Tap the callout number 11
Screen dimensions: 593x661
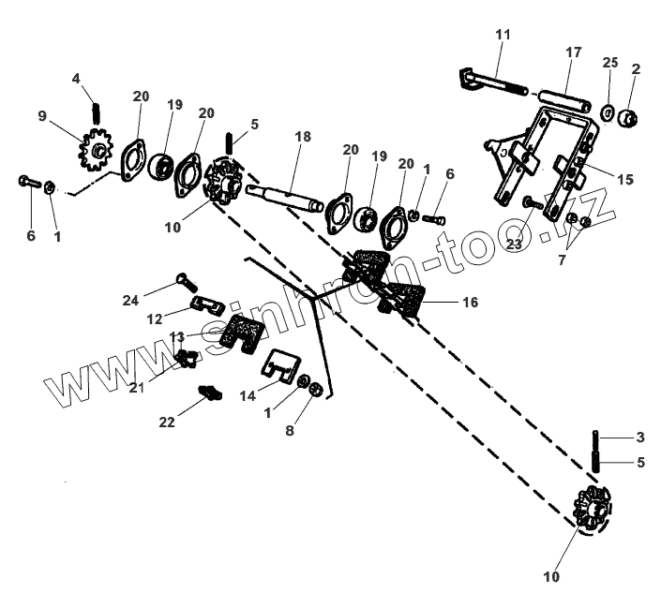click(503, 34)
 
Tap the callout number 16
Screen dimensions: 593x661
click(471, 303)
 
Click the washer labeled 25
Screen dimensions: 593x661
click(608, 113)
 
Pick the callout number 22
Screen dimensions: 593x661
click(167, 423)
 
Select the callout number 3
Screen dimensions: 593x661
click(640, 437)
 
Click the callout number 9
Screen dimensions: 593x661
click(42, 116)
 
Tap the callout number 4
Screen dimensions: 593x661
click(76, 78)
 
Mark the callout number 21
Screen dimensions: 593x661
click(136, 387)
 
